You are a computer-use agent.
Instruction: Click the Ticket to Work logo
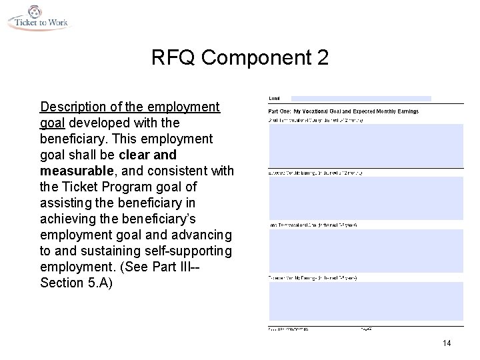38,17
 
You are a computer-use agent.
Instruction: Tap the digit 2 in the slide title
323,58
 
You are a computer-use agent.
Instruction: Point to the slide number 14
446,343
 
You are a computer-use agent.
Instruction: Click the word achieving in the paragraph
68,219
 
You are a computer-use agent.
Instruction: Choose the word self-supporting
188,251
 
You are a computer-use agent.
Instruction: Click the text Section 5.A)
75,283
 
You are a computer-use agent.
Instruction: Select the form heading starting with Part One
343,111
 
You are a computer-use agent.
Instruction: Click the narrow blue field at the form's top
361,99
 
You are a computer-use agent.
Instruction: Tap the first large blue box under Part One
365,145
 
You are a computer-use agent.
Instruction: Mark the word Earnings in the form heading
406,111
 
